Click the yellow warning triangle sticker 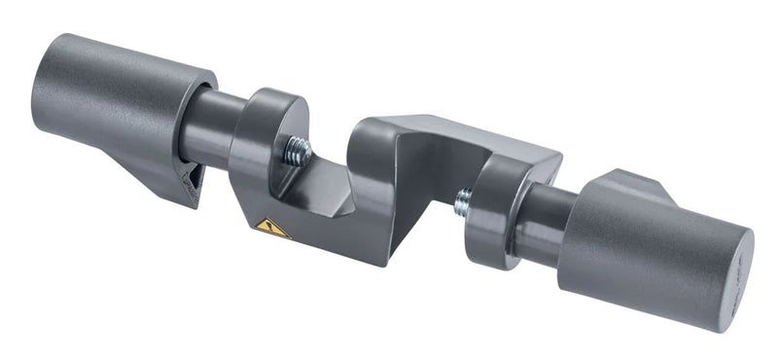pyautogui.click(x=271, y=229)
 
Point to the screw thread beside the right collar pyautogui.click(x=464, y=203)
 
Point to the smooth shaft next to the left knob pyautogui.click(x=206, y=126)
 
